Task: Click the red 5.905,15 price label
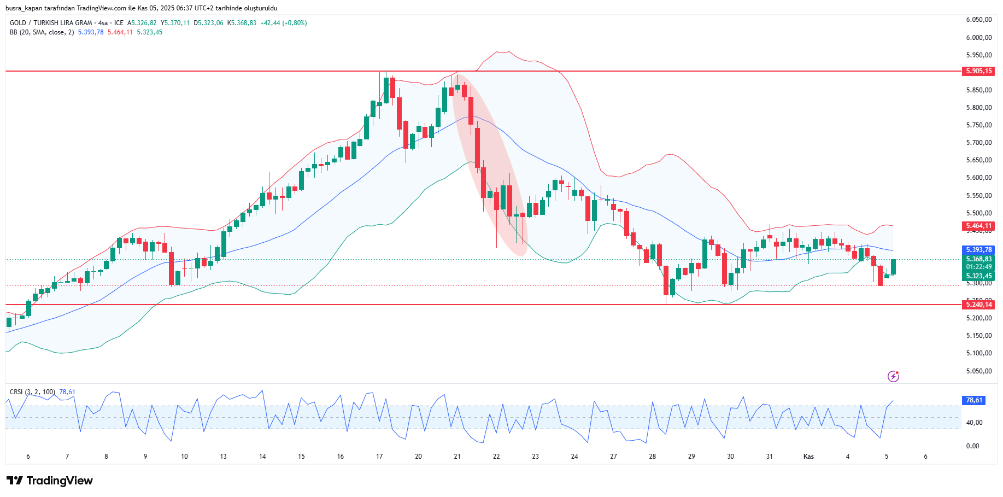978,71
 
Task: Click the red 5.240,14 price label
978,305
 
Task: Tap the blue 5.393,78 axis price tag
978,250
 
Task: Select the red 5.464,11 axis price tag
978,226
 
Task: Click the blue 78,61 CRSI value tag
973,400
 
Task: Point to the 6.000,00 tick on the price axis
978,38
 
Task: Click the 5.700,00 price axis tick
978,143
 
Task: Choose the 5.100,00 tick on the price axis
978,353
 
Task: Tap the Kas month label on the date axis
808,457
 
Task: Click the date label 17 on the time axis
379,457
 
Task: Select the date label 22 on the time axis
496,457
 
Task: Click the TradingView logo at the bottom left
50,481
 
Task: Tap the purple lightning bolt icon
893,376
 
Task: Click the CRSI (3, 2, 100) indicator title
32,392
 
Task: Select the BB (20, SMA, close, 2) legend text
42,32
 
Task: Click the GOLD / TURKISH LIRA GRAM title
51,23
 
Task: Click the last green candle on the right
893,267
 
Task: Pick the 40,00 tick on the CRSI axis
974,423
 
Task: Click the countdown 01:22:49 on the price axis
978,267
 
